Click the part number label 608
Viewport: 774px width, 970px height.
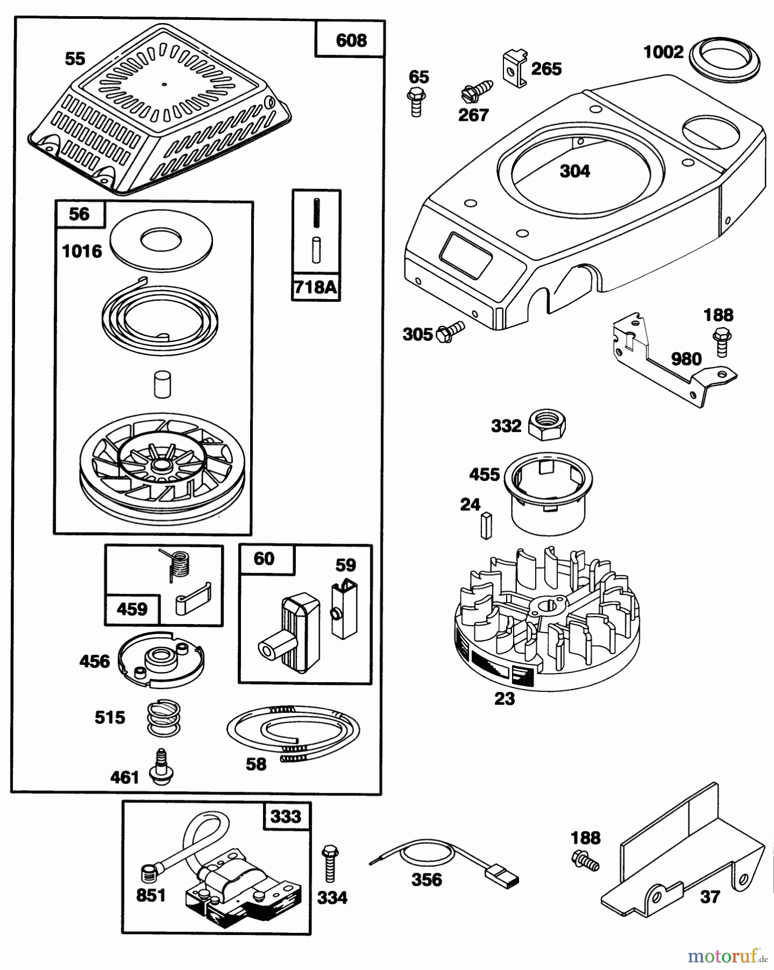coord(351,40)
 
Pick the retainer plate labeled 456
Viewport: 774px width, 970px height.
coord(161,660)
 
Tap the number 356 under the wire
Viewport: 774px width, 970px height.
coord(426,879)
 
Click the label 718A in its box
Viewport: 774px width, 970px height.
coord(316,287)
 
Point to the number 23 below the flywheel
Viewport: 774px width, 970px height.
coord(505,698)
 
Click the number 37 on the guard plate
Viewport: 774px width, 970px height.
coord(710,897)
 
